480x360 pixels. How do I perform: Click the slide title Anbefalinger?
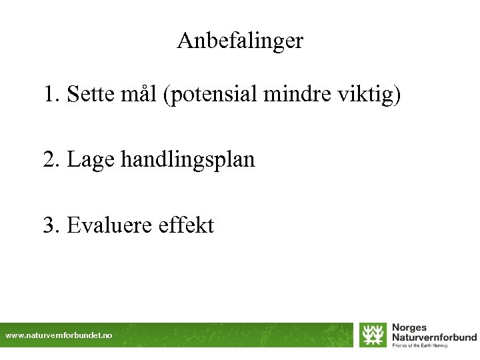(240, 41)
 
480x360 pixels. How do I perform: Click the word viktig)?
(368, 95)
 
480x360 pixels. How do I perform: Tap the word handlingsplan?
(188, 160)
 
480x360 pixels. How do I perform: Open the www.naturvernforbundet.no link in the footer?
(59, 336)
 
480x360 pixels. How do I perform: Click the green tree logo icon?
(373, 335)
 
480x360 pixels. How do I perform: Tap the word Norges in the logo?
(409, 328)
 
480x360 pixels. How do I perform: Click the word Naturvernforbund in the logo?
(434, 337)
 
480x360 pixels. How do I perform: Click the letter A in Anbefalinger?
(185, 41)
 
